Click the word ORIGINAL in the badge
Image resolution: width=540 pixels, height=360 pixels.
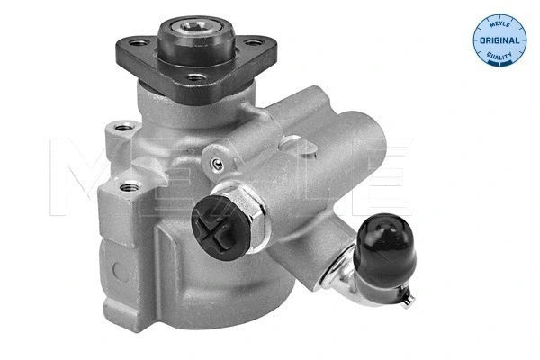[x=499, y=40]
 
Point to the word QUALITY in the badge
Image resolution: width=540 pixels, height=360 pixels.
[x=499, y=55]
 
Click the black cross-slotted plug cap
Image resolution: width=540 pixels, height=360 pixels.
[x=220, y=228]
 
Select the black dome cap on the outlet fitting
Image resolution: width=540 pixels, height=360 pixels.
[x=384, y=244]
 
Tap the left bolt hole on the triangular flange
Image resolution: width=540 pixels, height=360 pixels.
[x=139, y=43]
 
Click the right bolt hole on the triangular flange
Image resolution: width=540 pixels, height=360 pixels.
[x=254, y=43]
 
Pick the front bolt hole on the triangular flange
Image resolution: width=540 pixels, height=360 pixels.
[x=196, y=77]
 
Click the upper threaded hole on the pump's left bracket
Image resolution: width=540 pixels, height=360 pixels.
[x=123, y=128]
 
